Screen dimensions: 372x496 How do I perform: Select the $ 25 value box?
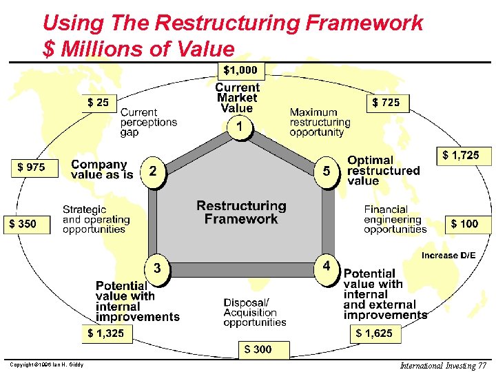[x=99, y=103]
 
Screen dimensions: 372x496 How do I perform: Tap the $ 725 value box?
[x=385, y=103]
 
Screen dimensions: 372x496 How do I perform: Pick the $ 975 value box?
[x=31, y=167]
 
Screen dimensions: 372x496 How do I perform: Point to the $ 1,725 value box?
[x=461, y=156]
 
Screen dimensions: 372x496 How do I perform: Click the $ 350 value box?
[x=27, y=223]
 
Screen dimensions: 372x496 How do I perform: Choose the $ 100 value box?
[x=464, y=223]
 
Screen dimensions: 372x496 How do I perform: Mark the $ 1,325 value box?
[x=106, y=333]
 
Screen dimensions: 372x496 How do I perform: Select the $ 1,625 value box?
[x=374, y=333]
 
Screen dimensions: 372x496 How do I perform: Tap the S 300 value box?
[x=258, y=349]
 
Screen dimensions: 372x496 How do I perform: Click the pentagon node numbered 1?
[x=239, y=127]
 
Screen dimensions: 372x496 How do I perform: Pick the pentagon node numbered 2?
[x=153, y=170]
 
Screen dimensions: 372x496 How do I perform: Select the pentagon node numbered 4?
[x=327, y=266]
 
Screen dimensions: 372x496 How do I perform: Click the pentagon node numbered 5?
[x=327, y=169]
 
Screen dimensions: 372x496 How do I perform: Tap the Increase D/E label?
[x=448, y=255]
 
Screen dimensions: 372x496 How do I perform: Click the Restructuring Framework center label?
[x=241, y=212]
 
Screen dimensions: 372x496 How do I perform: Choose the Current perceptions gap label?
[x=149, y=122]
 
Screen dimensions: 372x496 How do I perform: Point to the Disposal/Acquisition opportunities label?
[x=254, y=312]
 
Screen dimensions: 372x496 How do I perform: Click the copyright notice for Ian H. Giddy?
[x=47, y=364]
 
